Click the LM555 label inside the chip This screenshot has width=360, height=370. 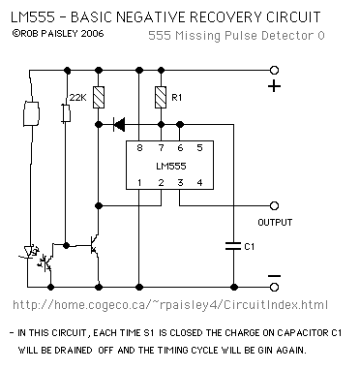[x=171, y=166]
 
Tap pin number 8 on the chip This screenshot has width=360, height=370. [x=139, y=148]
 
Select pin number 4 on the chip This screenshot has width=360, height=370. [x=199, y=183]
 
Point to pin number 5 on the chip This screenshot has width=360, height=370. [x=199, y=148]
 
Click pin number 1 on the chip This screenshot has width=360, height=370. [x=139, y=183]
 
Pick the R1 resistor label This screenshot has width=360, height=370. [x=176, y=98]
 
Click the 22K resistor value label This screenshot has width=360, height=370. [x=78, y=97]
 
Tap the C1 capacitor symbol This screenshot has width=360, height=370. [x=233, y=246]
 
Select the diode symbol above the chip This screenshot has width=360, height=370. [x=119, y=124]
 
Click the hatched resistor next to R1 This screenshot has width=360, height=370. [x=161, y=97]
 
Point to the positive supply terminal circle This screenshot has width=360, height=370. [x=274, y=70]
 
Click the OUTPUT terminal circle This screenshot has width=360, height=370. [x=274, y=205]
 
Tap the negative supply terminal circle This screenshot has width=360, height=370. [x=274, y=287]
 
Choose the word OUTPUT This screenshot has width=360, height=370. [x=275, y=222]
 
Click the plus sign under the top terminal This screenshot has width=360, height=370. [x=274, y=86]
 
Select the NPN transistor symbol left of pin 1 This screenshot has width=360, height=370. [x=94, y=245]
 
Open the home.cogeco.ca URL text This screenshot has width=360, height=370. [x=170, y=305]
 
